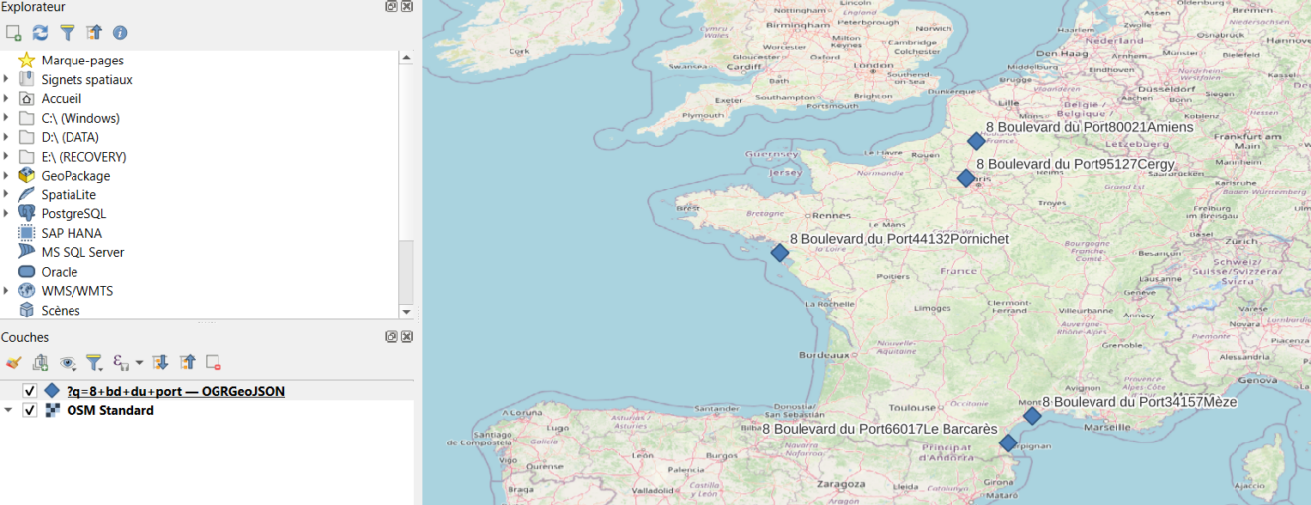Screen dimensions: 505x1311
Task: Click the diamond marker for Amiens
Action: pyautogui.click(x=976, y=142)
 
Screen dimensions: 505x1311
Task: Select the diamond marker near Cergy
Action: pyautogui.click(x=966, y=178)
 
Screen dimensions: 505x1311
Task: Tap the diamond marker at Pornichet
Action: pyautogui.click(x=780, y=253)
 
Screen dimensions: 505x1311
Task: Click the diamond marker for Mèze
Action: pyautogui.click(x=1032, y=416)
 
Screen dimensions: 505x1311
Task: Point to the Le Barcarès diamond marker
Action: pyautogui.click(x=1008, y=442)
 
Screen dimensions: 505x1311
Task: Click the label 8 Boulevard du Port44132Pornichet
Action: pyautogui.click(x=899, y=239)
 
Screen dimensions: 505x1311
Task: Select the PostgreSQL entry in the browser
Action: pyautogui.click(x=73, y=214)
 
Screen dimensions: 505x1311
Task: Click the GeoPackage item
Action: pyautogui.click(x=75, y=176)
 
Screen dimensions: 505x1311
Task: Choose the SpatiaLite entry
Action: pyautogui.click(x=69, y=195)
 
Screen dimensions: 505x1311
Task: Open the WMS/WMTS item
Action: pyautogui.click(x=76, y=291)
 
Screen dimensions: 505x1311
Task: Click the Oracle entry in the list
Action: pyautogui.click(x=59, y=272)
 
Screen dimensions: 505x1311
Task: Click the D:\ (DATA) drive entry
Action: pyautogui.click(x=70, y=138)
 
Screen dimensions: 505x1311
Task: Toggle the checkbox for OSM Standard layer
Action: pyautogui.click(x=30, y=410)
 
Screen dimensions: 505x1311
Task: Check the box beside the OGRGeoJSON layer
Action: pyautogui.click(x=30, y=391)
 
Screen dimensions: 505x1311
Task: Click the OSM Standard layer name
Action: pyautogui.click(x=109, y=410)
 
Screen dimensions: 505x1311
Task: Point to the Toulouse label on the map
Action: pyautogui.click(x=913, y=407)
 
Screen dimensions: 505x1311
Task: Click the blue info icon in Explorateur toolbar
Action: pyautogui.click(x=120, y=33)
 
